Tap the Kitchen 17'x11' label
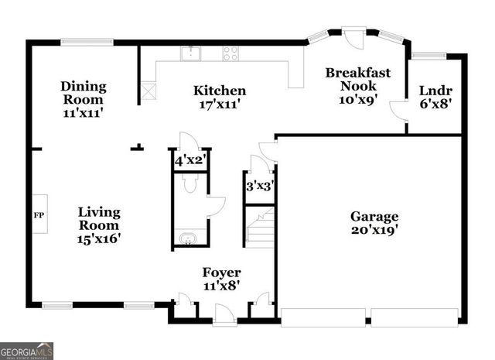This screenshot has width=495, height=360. coord(220,98)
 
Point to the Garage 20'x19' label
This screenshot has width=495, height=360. coord(374,223)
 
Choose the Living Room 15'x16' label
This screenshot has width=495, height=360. coord(98,225)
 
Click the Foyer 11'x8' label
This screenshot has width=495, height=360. coord(221,279)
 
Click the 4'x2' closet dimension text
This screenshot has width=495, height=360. coord(189,162)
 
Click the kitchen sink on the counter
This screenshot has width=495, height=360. coord(189,53)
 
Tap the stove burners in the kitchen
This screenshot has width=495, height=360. coord(230,53)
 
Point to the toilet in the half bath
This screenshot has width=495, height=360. coord(190,183)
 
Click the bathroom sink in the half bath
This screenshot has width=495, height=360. coord(186,238)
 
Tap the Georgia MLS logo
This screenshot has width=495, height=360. coord(26,351)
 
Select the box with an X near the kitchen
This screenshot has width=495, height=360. coord(148,91)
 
